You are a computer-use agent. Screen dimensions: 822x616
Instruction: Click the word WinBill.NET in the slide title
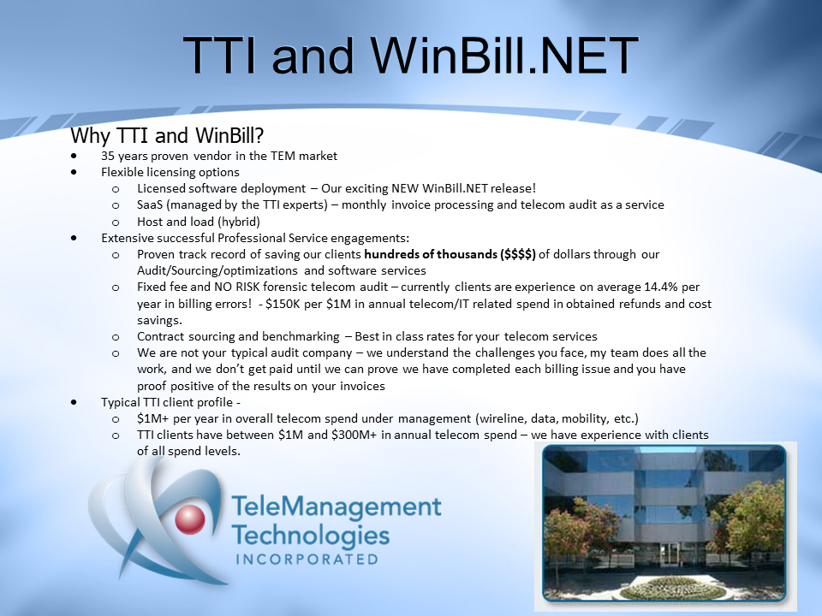(504, 56)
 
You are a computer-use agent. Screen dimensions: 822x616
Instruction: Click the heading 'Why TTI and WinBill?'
(167, 136)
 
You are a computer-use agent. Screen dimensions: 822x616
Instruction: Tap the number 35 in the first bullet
(108, 156)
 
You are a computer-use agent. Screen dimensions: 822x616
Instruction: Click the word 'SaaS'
(150, 204)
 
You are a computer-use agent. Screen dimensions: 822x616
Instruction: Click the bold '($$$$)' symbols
(518, 255)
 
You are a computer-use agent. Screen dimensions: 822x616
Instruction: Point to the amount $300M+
(354, 435)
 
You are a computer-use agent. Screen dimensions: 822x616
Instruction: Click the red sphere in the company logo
(189, 519)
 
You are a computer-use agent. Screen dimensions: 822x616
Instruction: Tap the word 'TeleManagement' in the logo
(337, 506)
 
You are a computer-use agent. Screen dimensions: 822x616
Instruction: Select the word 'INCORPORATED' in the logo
(307, 560)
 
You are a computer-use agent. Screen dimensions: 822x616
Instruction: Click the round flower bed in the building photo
(673, 589)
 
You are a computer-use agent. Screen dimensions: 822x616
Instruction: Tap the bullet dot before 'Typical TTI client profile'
(74, 402)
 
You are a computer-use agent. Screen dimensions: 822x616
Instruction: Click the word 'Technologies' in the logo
(310, 536)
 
